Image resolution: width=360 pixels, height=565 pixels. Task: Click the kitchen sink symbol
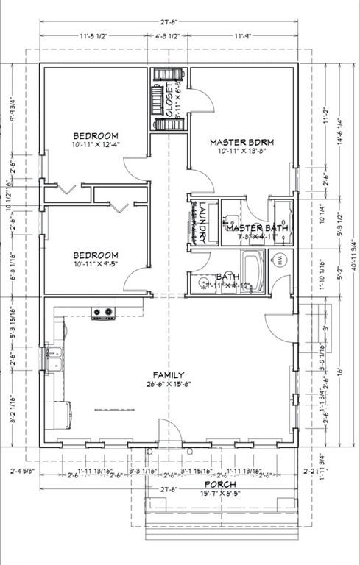[53, 360]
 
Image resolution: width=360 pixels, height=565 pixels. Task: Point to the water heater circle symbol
[280, 259]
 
